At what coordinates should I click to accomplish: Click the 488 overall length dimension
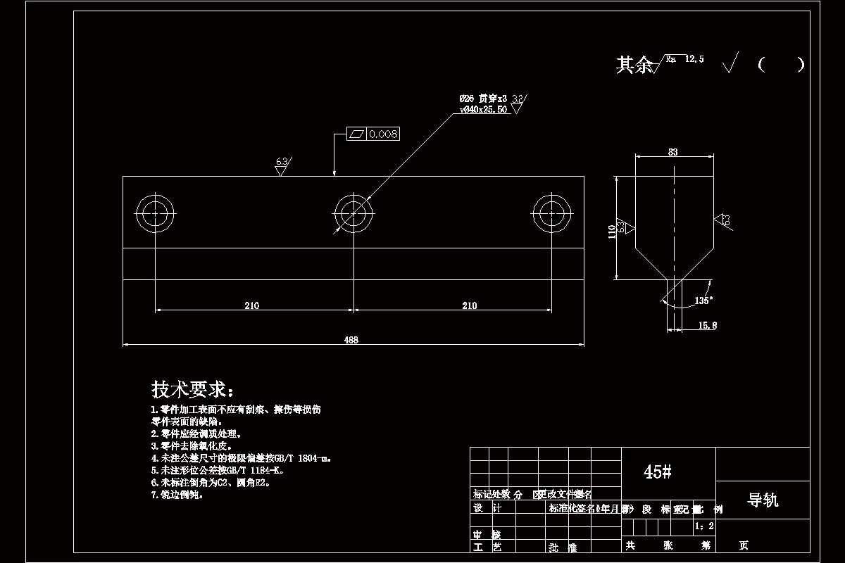351,340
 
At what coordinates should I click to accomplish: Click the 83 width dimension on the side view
673,151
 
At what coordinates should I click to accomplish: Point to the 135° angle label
703,300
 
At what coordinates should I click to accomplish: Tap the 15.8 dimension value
707,326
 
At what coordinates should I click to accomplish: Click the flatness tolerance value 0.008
383,134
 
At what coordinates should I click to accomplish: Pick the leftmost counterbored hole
155,213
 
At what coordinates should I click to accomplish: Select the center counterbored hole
353,213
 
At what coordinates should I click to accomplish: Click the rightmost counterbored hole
551,213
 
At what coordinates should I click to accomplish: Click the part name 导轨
762,500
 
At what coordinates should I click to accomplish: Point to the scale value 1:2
704,526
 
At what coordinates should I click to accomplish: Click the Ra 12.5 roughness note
685,61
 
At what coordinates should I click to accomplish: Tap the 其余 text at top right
634,65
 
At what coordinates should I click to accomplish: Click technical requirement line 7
177,495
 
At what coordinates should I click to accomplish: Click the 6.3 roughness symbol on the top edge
282,166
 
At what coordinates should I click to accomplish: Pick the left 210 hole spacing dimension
252,305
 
